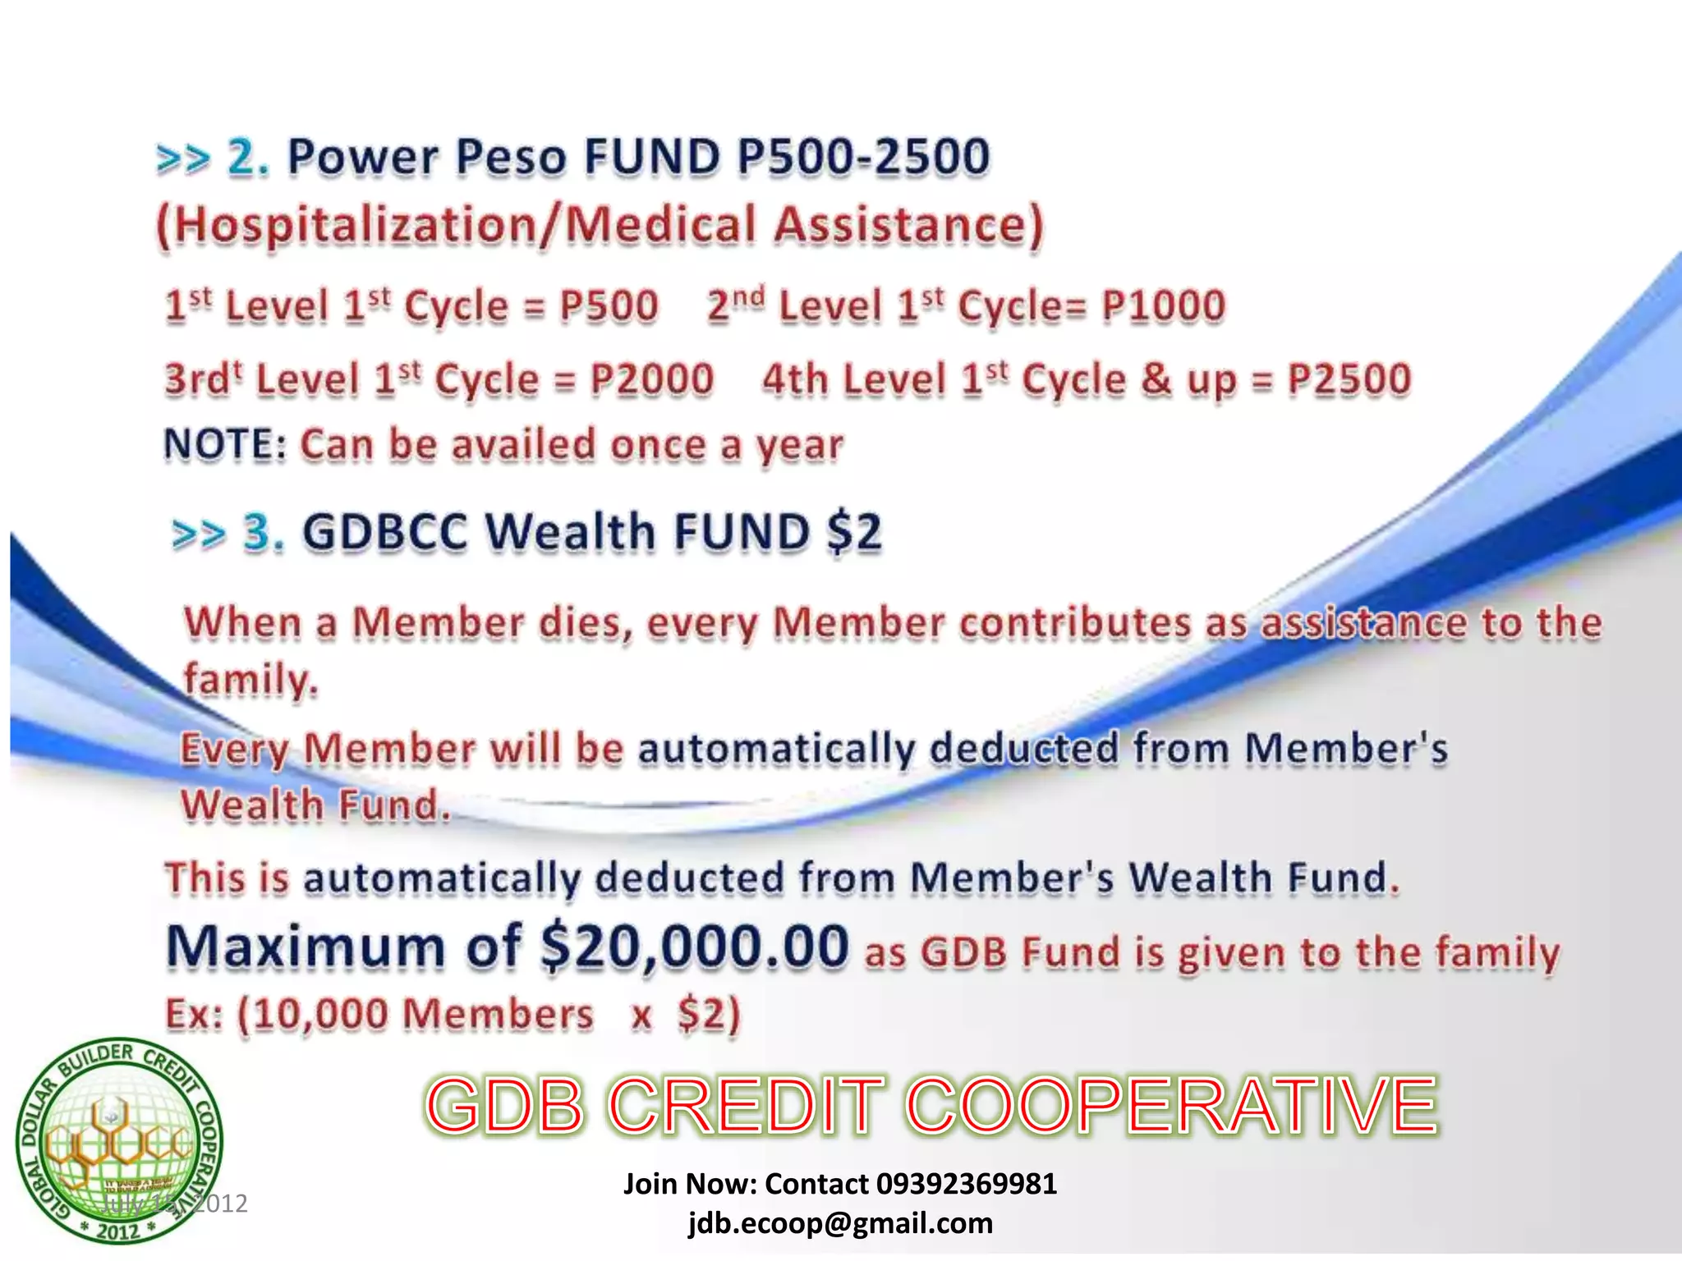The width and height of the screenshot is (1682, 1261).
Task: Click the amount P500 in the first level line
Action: tap(609, 305)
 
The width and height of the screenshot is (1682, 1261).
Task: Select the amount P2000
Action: tap(652, 379)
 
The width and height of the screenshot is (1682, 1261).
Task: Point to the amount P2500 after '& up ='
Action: tap(1349, 379)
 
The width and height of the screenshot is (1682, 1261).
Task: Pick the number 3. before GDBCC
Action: tap(264, 531)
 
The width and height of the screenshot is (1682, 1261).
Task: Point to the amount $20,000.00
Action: tap(695, 947)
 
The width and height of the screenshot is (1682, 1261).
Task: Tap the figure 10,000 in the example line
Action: tap(319, 1014)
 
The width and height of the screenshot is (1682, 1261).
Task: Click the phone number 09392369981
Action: tap(966, 1184)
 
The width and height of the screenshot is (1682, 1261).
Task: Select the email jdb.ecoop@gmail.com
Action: tap(840, 1223)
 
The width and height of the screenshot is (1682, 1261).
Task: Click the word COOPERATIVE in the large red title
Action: tap(1171, 1106)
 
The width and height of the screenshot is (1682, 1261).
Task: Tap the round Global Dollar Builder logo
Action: tap(119, 1141)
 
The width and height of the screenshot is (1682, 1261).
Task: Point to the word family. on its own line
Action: tap(250, 681)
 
